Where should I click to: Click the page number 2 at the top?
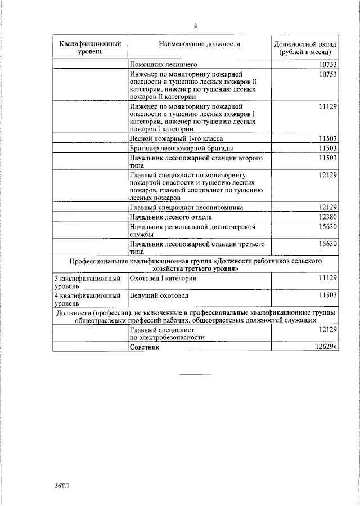tap(195, 25)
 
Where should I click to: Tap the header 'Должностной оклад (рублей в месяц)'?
tap(305, 48)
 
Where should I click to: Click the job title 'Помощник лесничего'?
tap(161, 65)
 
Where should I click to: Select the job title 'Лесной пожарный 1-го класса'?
tap(175, 138)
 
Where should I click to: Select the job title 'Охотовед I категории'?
tap(163, 278)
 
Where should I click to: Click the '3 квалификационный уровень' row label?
tap(87, 282)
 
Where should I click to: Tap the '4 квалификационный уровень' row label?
tap(87, 299)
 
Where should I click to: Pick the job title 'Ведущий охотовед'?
tap(159, 295)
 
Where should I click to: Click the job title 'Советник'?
tap(145, 347)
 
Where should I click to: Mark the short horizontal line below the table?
tap(195, 374)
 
